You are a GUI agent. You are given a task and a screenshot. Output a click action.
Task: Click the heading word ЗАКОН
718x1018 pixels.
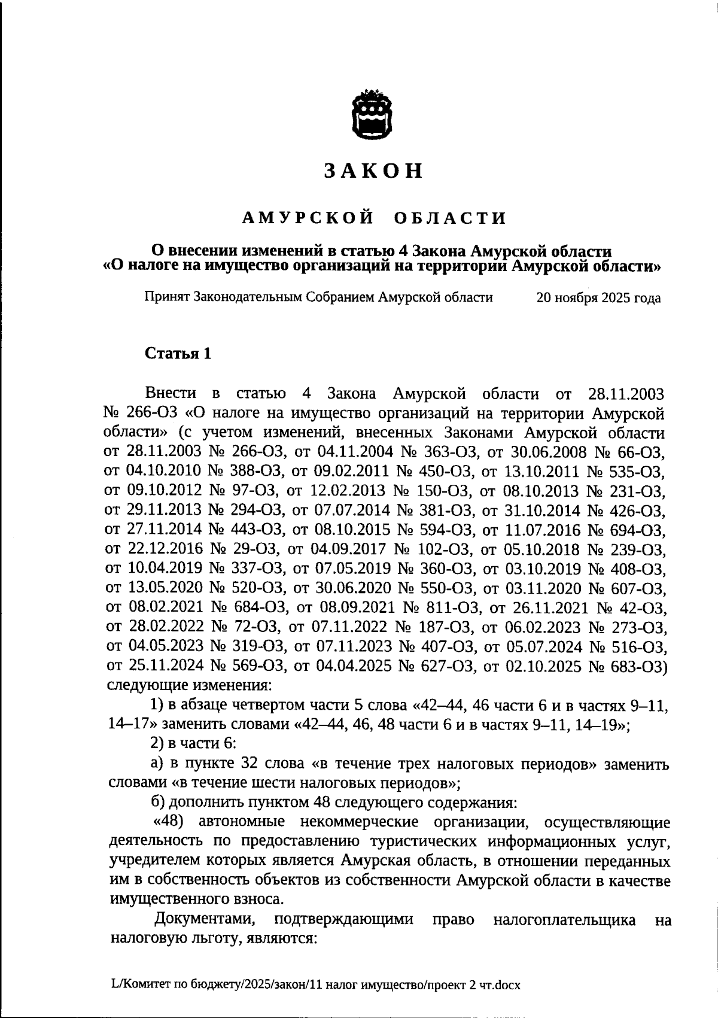373,171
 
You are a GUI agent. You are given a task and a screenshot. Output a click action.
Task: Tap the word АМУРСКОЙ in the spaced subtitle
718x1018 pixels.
309,218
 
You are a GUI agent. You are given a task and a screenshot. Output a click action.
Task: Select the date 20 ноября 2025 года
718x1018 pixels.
598,298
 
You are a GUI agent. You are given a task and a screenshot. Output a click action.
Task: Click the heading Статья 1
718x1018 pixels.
178,354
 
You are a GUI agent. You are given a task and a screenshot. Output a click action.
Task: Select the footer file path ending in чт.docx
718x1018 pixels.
316,984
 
